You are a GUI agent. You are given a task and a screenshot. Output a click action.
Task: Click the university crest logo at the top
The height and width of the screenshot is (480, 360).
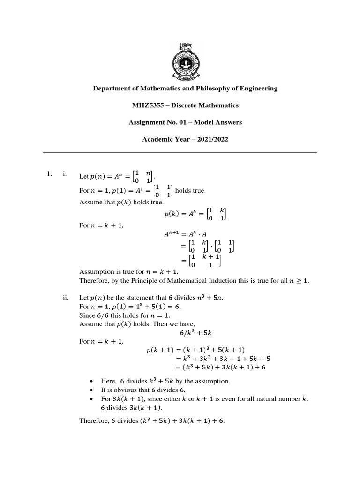180,59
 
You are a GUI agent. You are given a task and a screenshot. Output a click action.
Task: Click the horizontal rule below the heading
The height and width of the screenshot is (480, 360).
180,152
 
